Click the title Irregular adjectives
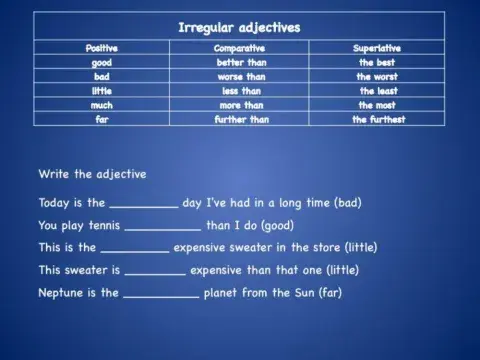[x=239, y=26]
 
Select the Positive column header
[x=102, y=48]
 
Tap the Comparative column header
[x=240, y=48]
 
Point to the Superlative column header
[x=377, y=48]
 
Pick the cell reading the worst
[x=378, y=76]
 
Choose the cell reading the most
[x=378, y=104]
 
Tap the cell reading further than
[x=242, y=119]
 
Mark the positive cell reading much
[x=102, y=104]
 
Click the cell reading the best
[x=378, y=62]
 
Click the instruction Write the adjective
[x=92, y=174]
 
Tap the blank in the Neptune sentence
[x=161, y=295]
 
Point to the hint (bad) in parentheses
[x=347, y=202]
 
